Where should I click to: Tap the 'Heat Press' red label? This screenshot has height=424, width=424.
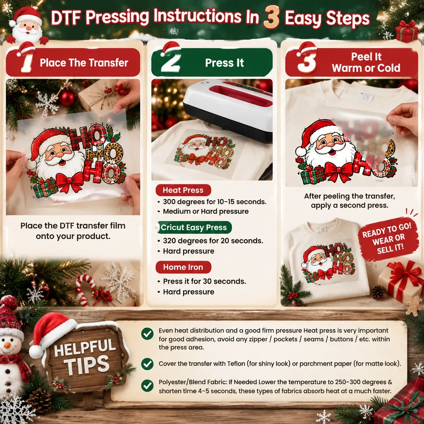[183, 190]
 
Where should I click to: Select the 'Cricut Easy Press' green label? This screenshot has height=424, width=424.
[194, 227]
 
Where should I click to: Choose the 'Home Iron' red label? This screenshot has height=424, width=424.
[183, 267]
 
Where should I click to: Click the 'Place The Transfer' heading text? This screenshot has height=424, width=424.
[84, 63]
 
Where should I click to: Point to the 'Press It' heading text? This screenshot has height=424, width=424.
[225, 63]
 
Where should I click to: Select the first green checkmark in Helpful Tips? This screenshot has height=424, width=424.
[147, 334]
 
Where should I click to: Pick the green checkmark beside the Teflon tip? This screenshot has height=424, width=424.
[147, 364]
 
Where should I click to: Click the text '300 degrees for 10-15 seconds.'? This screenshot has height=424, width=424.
[214, 202]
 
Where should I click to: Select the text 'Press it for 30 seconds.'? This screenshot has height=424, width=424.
[205, 281]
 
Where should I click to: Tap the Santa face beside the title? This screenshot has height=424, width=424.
[27, 26]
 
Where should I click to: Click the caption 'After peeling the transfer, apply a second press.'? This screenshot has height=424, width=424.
[349, 201]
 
